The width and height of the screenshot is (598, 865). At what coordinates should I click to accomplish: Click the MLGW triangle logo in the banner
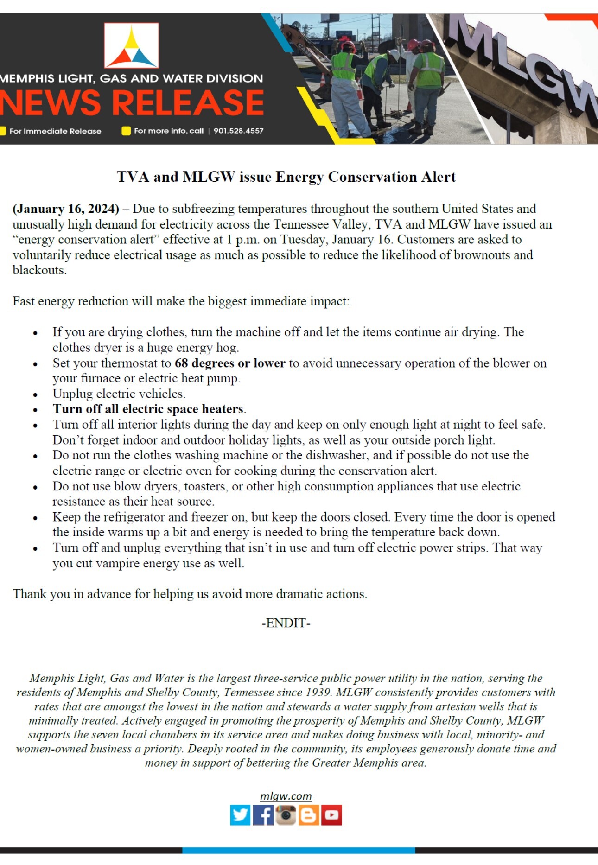[x=132, y=46]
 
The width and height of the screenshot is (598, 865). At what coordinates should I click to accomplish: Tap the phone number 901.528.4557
[x=238, y=131]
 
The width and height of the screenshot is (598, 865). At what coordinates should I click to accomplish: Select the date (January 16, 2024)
[x=66, y=209]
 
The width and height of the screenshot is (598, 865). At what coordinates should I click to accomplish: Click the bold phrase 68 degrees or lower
[x=230, y=363]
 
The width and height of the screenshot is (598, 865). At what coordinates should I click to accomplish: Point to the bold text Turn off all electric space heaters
[x=148, y=409]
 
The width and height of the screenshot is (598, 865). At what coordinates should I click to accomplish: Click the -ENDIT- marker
[x=286, y=623]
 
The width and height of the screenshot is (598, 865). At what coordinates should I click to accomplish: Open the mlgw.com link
[x=286, y=796]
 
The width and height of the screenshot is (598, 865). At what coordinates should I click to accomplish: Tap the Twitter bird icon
[x=240, y=815]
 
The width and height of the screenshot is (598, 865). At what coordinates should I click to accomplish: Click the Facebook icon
[x=263, y=815]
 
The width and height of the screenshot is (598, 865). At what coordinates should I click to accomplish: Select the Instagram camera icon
[x=286, y=815]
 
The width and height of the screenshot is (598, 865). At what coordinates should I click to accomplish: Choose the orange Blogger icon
[x=308, y=815]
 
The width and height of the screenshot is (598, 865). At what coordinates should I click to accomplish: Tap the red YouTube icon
[x=331, y=815]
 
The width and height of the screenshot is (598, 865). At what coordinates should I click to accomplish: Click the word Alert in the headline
[x=438, y=177]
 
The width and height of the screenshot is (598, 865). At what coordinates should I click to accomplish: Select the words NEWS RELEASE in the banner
[x=132, y=103]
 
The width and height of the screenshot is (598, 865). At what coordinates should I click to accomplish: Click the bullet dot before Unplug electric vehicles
[x=35, y=394]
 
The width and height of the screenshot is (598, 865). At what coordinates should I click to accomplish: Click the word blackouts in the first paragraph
[x=39, y=270]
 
